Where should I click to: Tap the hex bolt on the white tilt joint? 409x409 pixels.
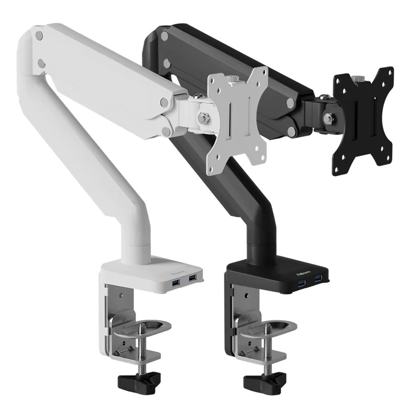click(203, 118)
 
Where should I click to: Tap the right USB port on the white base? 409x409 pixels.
click(193, 278)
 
